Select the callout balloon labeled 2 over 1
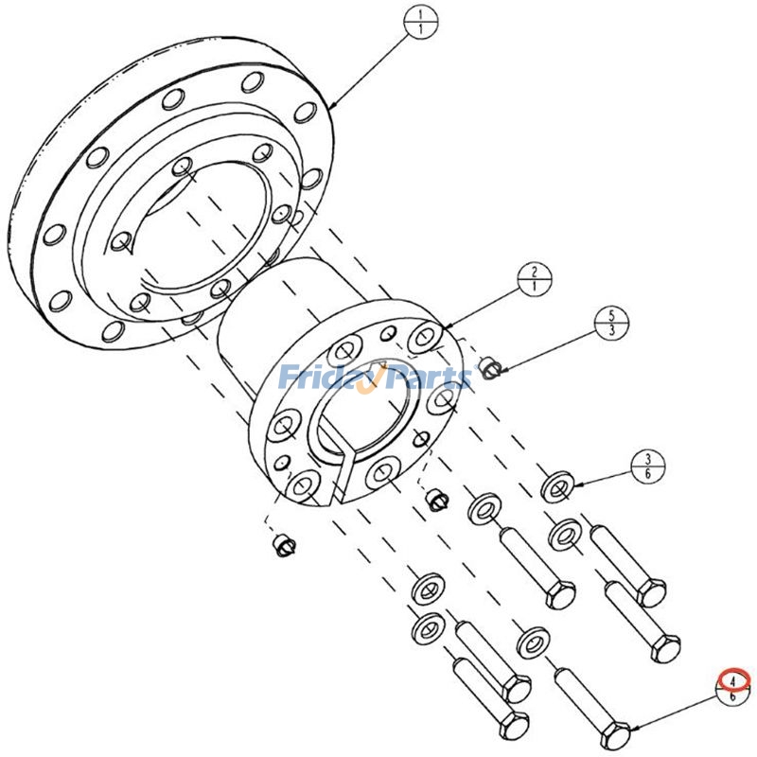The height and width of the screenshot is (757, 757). coord(535,276)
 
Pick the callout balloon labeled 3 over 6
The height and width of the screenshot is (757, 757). coord(647,466)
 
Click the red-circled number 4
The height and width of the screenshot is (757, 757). coord(734,678)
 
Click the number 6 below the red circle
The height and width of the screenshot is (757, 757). coord(734,695)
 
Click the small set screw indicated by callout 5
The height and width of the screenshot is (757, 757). coord(489,366)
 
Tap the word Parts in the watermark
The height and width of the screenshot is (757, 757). coord(426,378)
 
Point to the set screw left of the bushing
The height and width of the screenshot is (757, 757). coord(283,546)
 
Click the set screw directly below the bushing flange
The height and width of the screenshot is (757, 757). coord(434,498)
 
